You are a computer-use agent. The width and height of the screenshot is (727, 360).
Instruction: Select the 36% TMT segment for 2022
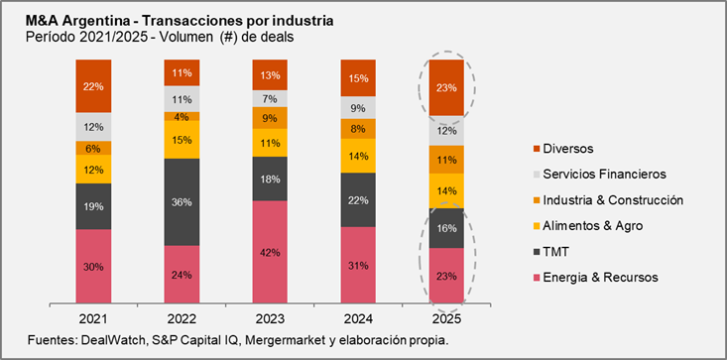tap(182, 201)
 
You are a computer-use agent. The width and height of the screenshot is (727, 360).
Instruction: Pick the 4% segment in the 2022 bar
tap(182, 116)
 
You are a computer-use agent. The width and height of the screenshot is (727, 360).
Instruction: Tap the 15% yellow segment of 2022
tap(182, 140)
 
